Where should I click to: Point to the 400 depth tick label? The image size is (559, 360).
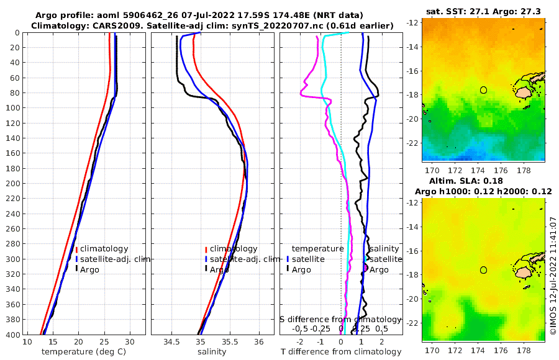coord(11,335)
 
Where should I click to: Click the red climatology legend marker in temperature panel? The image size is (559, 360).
coord(76,250)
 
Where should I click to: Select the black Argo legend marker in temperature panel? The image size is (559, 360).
coord(76,269)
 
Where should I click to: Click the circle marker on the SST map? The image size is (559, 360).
coord(484,90)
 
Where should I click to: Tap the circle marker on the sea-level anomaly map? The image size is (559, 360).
coord(484,270)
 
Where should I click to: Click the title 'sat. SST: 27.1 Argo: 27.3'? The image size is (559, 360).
coord(483,11)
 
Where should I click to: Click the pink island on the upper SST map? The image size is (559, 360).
coord(525,92)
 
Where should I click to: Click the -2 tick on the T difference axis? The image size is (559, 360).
coord(300,342)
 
